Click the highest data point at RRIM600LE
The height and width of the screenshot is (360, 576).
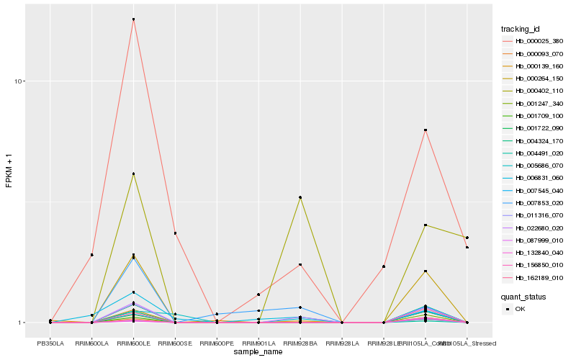(133, 19)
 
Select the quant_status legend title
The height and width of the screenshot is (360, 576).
(523, 296)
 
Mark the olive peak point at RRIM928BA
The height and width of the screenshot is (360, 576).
(300, 197)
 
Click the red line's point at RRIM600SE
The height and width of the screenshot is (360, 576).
(175, 233)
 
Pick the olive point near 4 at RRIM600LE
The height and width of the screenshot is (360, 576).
(133, 174)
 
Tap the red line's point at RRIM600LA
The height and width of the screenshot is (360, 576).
(92, 255)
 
